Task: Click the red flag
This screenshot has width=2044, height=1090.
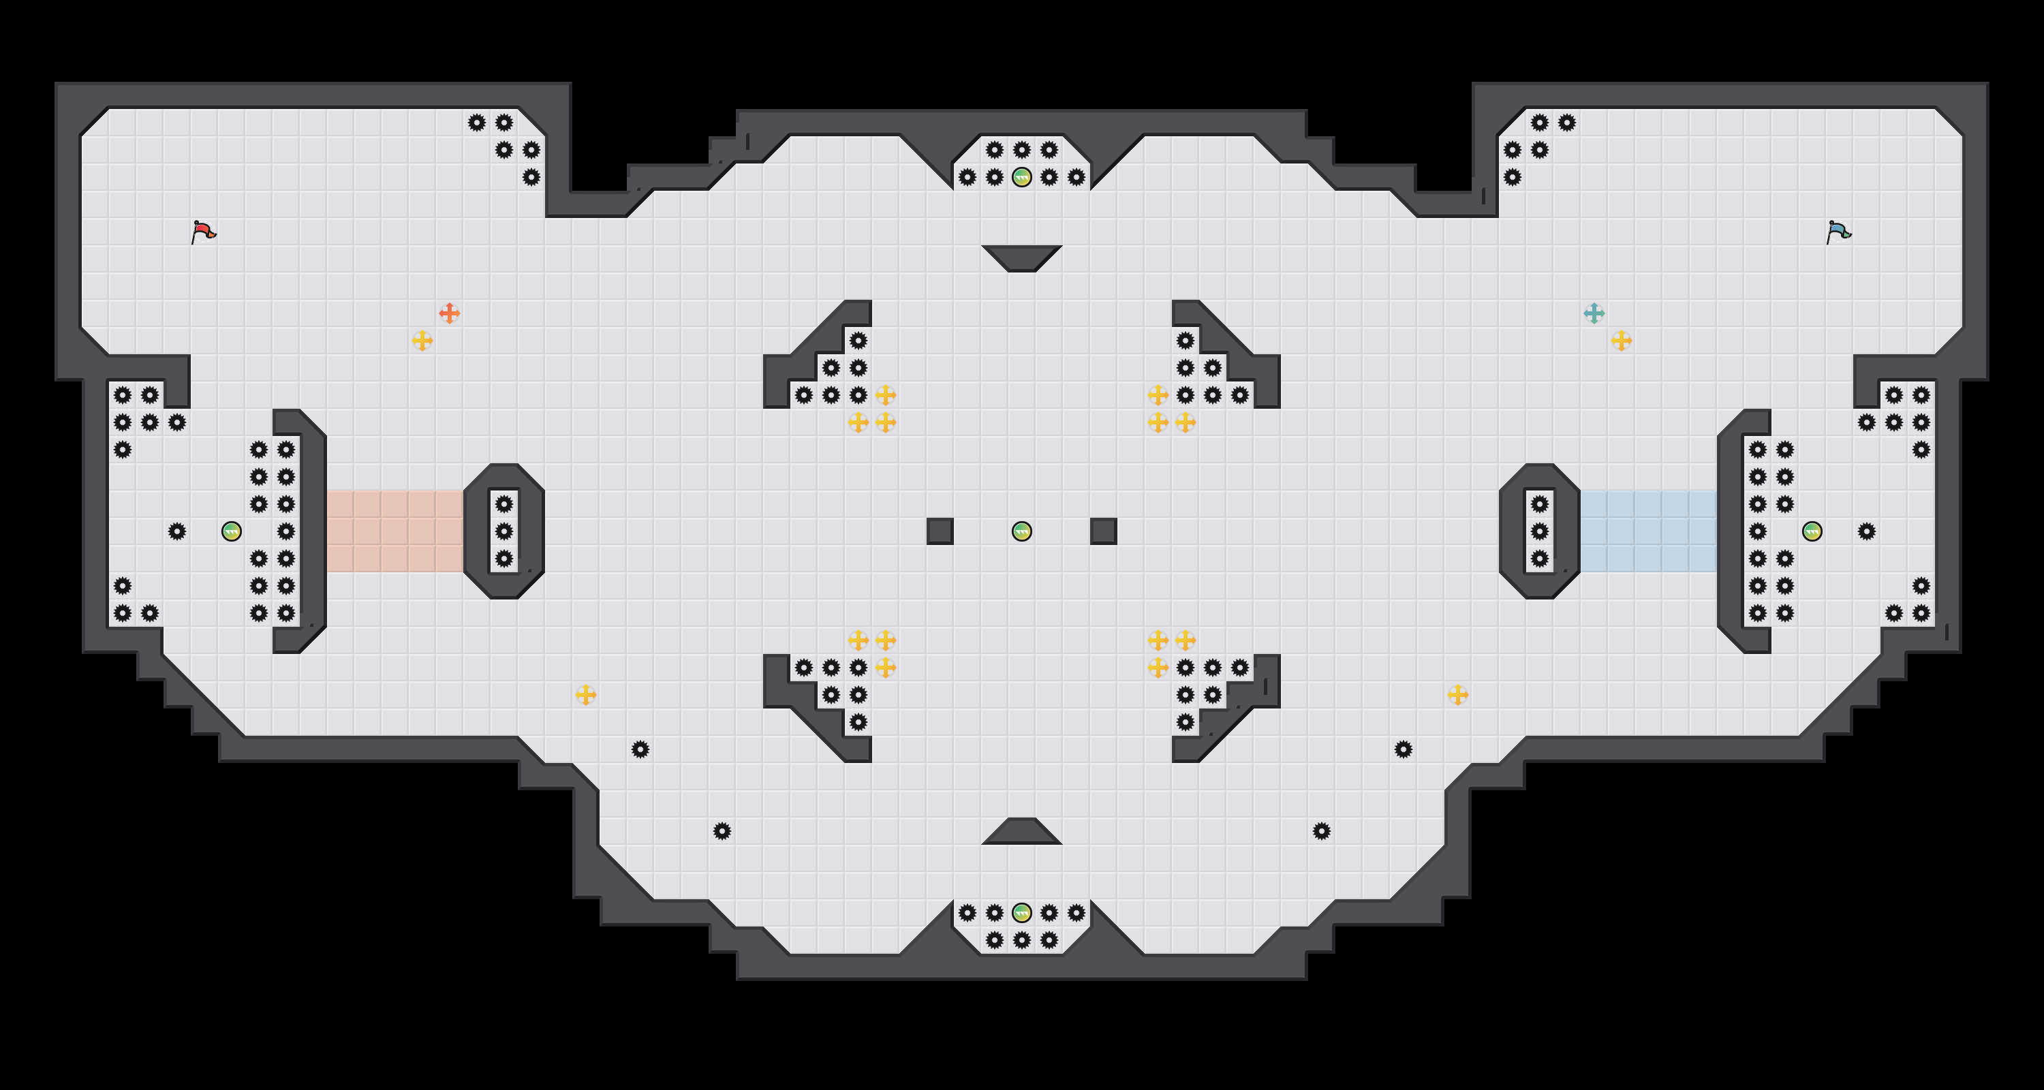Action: point(203,232)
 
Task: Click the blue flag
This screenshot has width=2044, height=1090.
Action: point(1838,232)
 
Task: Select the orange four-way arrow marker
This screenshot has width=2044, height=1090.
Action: point(449,313)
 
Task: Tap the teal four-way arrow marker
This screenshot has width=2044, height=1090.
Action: point(1594,313)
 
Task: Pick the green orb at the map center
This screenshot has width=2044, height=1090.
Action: point(1022,531)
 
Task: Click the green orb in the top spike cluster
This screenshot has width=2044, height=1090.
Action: point(1022,177)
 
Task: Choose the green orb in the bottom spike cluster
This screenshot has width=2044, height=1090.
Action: point(1022,913)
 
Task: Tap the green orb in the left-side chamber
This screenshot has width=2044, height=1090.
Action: point(231,531)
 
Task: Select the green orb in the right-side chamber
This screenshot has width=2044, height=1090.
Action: point(1812,531)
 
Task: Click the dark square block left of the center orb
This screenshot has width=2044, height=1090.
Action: point(940,531)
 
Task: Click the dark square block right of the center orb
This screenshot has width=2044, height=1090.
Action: point(1104,531)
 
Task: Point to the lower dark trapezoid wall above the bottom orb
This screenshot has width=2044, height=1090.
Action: point(1022,832)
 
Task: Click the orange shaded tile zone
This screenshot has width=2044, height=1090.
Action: point(394,531)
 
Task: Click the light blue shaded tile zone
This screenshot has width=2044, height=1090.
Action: point(1649,531)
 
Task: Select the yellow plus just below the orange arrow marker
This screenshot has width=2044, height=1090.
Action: point(422,341)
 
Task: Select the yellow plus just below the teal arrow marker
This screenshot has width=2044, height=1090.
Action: point(1621,341)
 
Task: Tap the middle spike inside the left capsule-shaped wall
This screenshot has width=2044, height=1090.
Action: point(504,531)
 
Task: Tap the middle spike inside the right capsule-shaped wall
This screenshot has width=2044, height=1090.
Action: point(1539,531)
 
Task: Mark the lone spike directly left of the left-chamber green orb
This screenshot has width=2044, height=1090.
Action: point(177,531)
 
